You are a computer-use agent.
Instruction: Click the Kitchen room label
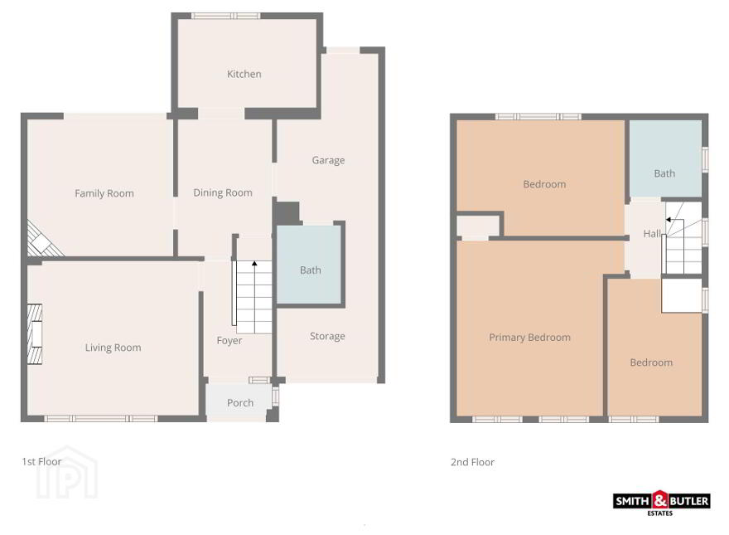244,74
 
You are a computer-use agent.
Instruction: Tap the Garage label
328,160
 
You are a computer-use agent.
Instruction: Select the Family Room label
104,193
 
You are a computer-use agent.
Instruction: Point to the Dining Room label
223,192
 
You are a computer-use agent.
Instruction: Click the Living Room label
113,348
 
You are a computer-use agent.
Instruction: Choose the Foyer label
229,340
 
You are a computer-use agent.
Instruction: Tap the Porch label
240,403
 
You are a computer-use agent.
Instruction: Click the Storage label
327,336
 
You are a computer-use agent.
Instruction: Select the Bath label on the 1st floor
310,270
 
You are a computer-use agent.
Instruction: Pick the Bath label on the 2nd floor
664,173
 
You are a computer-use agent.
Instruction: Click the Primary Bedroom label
529,338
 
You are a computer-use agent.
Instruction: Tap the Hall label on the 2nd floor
652,234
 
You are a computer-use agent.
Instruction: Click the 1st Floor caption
41,461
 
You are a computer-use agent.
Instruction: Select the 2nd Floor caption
472,462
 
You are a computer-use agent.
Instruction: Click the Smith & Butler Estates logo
661,503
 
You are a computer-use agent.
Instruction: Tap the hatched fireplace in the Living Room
35,333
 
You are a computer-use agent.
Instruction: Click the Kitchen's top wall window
226,16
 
